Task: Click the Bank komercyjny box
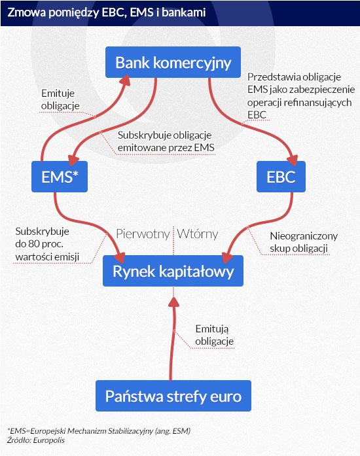173,62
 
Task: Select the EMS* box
60,177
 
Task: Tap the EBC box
281,177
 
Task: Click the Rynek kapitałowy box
173,271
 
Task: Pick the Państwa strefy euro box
173,396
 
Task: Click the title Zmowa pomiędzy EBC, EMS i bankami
107,13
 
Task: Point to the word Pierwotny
143,234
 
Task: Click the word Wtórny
197,234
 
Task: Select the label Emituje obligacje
60,99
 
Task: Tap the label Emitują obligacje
214,335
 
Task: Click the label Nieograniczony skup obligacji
304,242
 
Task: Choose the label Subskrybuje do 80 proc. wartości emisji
47,244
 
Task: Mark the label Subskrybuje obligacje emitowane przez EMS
166,141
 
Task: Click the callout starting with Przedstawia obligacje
301,96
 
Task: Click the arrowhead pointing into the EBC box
293,160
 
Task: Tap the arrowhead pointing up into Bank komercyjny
125,80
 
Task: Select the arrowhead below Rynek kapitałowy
173,302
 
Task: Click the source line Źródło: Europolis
36,440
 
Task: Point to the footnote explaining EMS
99,430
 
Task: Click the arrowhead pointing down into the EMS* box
73,160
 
